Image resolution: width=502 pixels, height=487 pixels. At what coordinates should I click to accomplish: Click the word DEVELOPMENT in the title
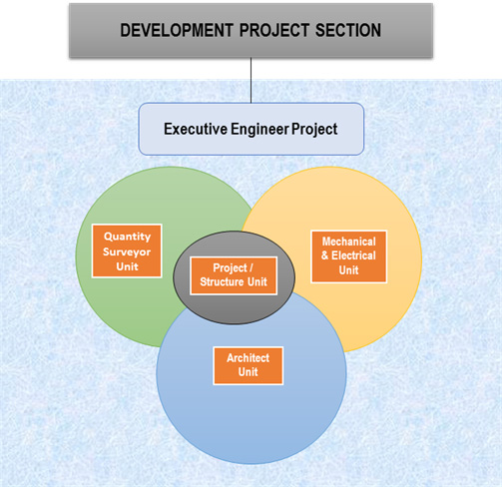(x=177, y=30)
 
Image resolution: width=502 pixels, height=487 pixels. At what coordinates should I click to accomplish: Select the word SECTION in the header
(x=348, y=30)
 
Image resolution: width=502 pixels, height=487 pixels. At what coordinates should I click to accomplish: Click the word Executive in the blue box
(x=196, y=129)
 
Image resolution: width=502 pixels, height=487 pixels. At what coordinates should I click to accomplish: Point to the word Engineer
(x=259, y=130)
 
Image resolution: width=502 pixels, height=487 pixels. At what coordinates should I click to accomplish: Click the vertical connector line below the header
(x=251, y=81)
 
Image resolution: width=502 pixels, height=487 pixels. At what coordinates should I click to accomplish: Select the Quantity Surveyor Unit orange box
(x=127, y=250)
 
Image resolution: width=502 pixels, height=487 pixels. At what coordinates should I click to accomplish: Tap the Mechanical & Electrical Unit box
(x=349, y=256)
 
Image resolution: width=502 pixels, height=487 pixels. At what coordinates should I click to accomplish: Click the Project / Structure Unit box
(x=234, y=275)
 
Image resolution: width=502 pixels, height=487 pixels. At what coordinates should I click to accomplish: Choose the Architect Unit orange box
(x=249, y=365)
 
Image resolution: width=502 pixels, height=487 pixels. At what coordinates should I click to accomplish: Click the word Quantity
(x=127, y=237)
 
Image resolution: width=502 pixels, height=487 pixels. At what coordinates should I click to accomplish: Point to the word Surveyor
(x=127, y=251)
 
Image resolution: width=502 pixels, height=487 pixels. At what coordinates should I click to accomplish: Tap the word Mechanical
(x=349, y=242)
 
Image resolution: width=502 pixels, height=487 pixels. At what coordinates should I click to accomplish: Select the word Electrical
(x=353, y=255)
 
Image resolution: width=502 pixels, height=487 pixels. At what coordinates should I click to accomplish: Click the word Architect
(x=249, y=358)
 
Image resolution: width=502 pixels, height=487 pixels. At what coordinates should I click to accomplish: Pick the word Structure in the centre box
(x=223, y=281)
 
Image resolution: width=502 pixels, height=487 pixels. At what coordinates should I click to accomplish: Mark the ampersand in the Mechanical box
(x=325, y=255)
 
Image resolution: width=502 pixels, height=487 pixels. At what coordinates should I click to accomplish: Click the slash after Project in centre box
(x=251, y=267)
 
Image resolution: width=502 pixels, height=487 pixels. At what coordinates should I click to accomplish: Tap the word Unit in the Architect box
(x=248, y=372)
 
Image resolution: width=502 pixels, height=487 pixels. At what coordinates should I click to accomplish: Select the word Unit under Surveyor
(x=127, y=266)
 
